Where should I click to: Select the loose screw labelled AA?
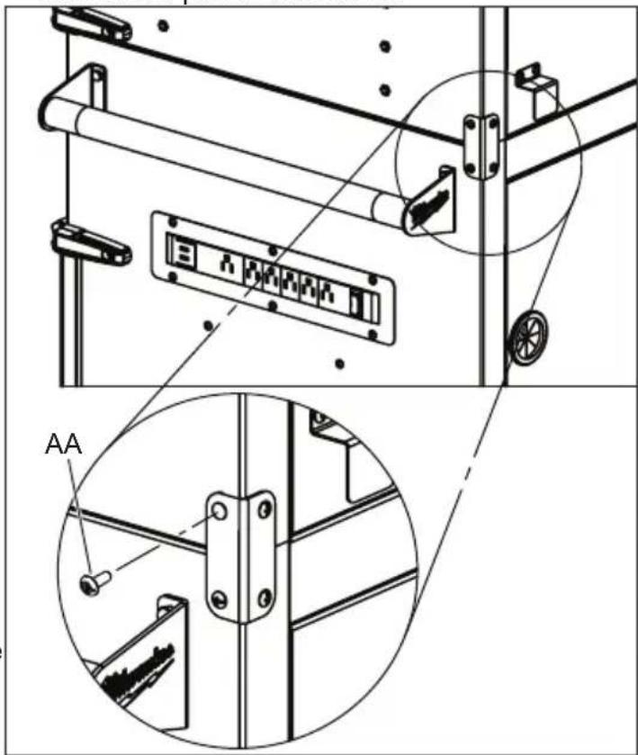pos(94,584)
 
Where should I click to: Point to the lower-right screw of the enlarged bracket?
pos(263,595)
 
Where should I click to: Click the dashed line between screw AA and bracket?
pos(157,550)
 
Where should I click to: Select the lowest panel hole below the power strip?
pos(338,364)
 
